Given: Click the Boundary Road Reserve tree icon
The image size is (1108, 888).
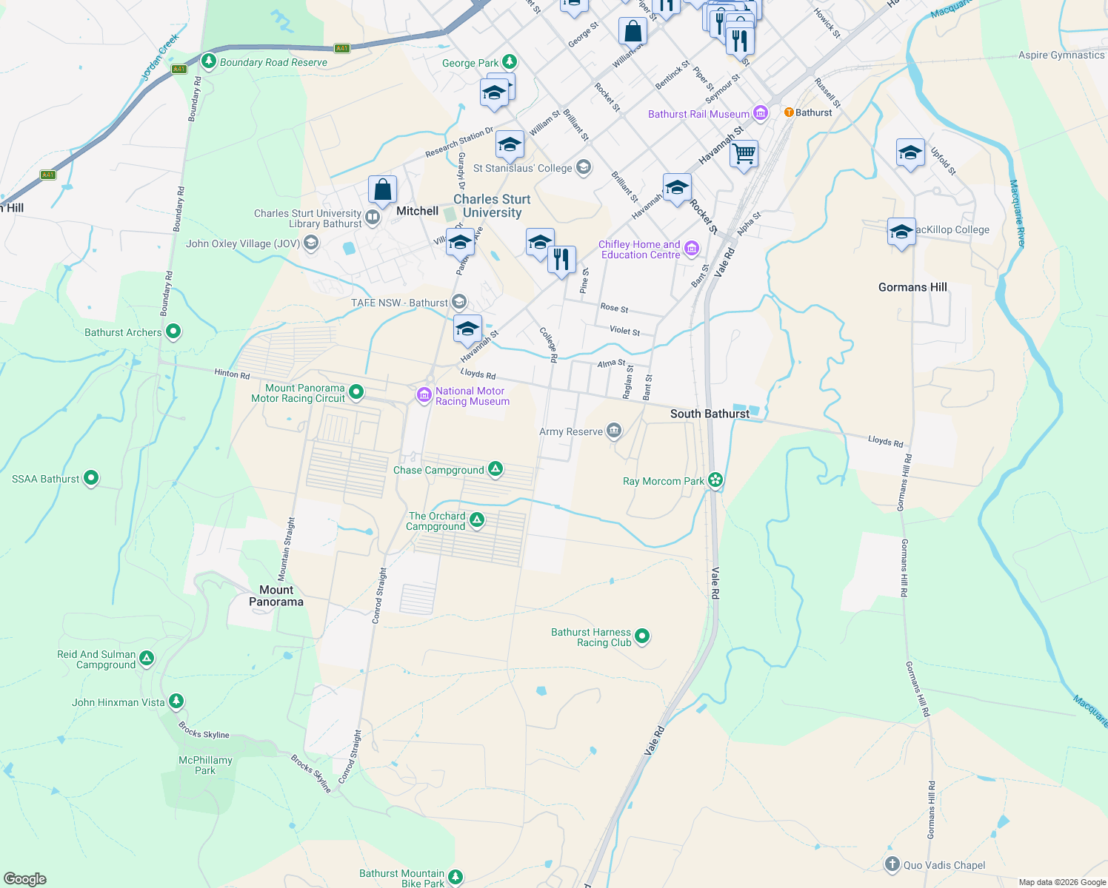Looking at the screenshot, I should pyautogui.click(x=209, y=61).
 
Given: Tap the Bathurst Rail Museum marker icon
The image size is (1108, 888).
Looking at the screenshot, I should pyautogui.click(x=761, y=113).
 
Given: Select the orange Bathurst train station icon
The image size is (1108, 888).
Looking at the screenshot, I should pyautogui.click(x=789, y=112).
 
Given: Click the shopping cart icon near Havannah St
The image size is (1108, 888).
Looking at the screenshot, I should pyautogui.click(x=744, y=154).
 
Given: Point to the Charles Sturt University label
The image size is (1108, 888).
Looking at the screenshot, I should pyautogui.click(x=492, y=206).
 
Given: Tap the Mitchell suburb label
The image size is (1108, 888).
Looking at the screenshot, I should pyautogui.click(x=417, y=211).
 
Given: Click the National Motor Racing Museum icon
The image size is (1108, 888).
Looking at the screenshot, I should pyautogui.click(x=424, y=395).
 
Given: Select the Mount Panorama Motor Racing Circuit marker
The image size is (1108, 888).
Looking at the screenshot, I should pyautogui.click(x=356, y=392).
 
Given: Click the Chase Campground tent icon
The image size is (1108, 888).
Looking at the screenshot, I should pyautogui.click(x=495, y=469).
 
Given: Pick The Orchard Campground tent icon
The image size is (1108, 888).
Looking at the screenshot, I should pyautogui.click(x=477, y=520).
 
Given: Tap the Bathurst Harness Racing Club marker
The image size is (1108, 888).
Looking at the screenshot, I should pyautogui.click(x=642, y=636).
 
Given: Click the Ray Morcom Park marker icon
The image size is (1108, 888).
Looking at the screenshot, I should pyautogui.click(x=715, y=480).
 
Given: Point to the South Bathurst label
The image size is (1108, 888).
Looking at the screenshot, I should pyautogui.click(x=710, y=414).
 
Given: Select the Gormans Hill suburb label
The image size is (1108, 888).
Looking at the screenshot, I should pyautogui.click(x=912, y=287).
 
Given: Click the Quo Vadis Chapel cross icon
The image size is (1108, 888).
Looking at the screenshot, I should pyautogui.click(x=892, y=864).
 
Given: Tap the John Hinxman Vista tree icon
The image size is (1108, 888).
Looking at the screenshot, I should pyautogui.click(x=176, y=701).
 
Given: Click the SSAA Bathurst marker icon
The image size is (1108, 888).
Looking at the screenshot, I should pyautogui.click(x=91, y=478).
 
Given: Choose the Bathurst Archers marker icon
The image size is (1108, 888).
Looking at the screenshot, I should pyautogui.click(x=173, y=332).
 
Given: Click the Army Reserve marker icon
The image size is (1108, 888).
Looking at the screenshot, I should pyautogui.click(x=613, y=431).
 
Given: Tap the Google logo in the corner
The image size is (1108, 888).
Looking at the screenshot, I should pyautogui.click(x=24, y=879).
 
